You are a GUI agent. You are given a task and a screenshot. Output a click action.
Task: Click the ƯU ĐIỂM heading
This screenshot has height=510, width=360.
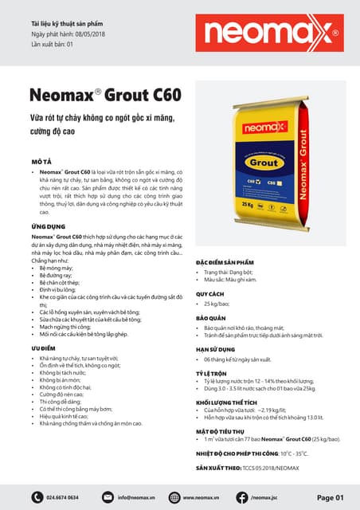(x=43, y=348)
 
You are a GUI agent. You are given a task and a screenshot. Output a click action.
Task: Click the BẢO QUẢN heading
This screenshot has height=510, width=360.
(x=210, y=317)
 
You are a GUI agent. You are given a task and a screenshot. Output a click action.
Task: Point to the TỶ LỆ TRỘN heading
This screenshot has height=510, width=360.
(x=212, y=373)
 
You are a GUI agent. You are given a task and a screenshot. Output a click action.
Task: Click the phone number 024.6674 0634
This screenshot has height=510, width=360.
(x=63, y=497)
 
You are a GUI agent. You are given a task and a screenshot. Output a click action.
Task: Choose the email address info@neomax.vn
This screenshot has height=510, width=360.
(x=135, y=497)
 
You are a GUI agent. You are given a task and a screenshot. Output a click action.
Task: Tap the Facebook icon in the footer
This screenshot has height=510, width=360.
(x=242, y=497)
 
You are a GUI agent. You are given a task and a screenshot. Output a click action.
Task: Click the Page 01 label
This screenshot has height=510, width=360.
(x=330, y=497)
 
